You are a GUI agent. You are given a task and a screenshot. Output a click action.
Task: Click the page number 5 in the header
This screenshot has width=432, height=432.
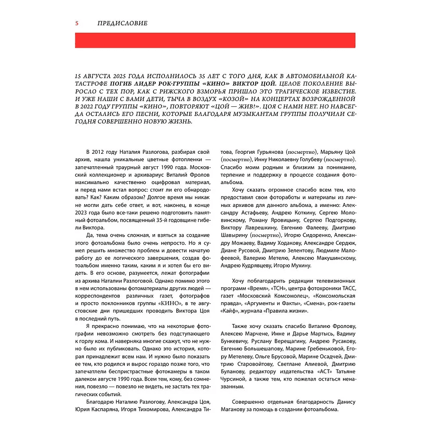coord(77,23)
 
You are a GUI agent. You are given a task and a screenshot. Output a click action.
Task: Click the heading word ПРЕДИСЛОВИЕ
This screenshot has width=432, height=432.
coord(123,23)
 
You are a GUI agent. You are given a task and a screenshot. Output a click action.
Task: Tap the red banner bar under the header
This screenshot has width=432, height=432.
coord(215,40)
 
